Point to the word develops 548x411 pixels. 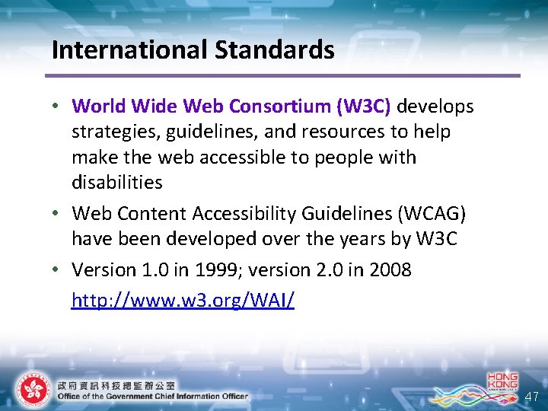click(435, 106)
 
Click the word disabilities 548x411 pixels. click(116, 182)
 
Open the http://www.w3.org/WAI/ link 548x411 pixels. click(183, 301)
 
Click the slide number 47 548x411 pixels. click(531, 397)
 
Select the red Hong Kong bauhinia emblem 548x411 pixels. click(32, 390)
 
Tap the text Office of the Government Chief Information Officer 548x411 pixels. click(152, 396)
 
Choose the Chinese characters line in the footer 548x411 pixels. click(116, 384)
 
